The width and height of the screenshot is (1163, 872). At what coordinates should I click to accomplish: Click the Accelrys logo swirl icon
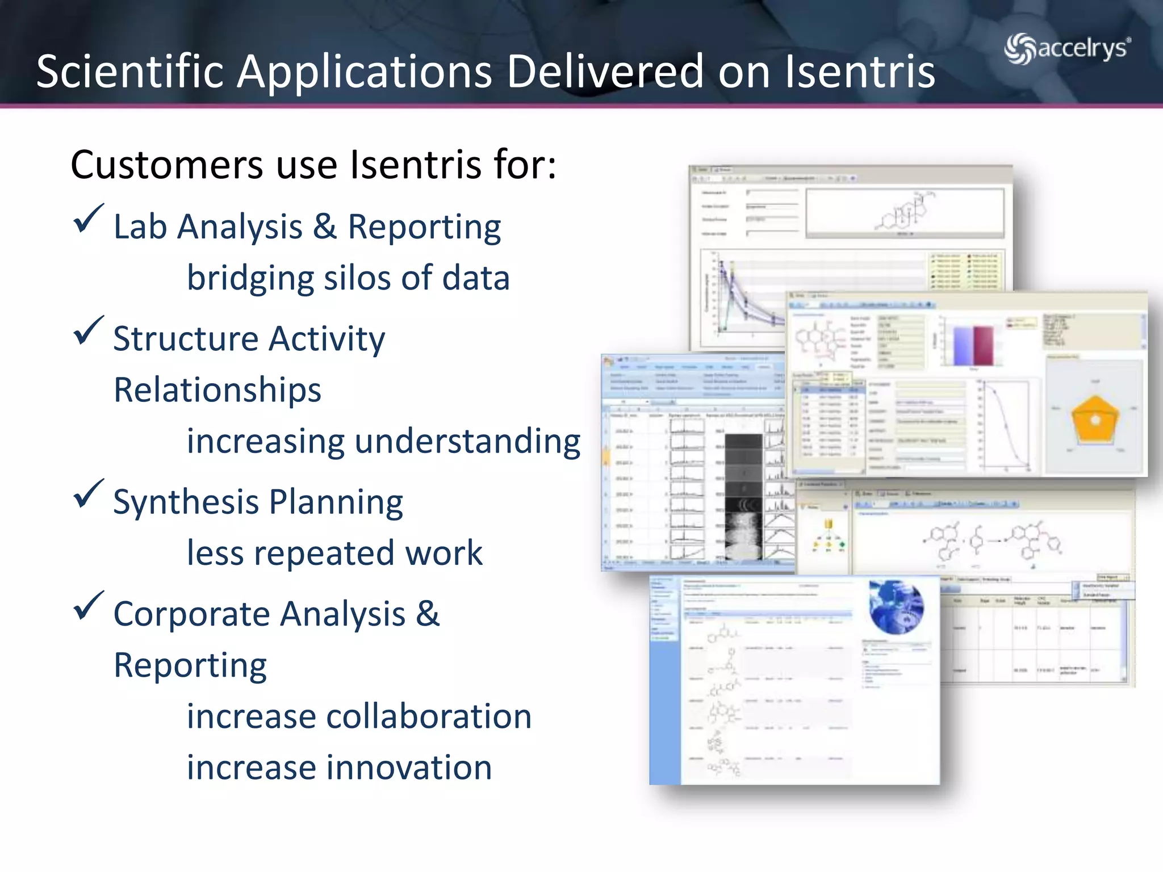click(1020, 49)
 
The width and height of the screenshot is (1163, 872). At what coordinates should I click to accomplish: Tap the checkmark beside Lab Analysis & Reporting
click(89, 219)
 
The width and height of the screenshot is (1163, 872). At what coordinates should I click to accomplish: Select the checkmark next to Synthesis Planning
click(89, 494)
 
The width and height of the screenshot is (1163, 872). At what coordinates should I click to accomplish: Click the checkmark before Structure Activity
click(89, 331)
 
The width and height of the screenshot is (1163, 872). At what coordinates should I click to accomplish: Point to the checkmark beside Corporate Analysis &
click(89, 606)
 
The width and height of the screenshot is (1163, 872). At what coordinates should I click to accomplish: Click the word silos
click(357, 278)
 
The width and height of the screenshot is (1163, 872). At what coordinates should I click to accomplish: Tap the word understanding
click(467, 442)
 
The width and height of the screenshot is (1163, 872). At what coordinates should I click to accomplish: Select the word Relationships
click(217, 390)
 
